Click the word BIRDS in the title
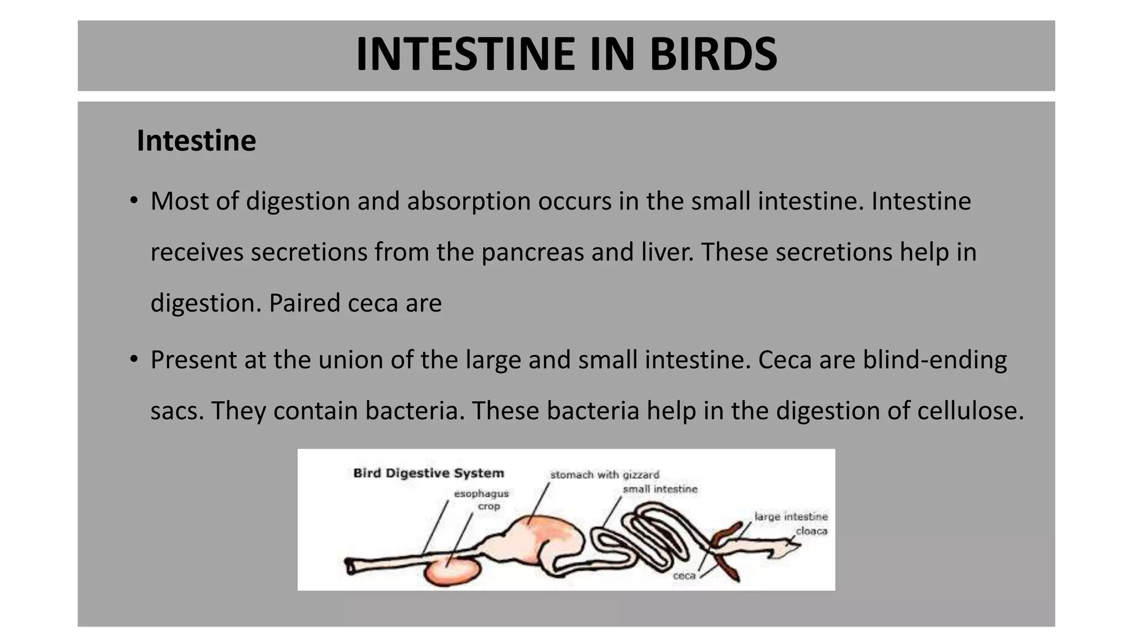point(713,54)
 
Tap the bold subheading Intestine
point(196,140)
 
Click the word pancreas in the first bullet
point(532,252)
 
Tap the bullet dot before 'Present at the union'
point(134,359)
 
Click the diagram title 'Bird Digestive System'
point(429,473)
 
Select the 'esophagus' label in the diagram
point(481,493)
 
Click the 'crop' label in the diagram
point(489,506)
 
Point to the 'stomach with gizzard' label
point(605,474)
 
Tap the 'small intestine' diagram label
point(660,489)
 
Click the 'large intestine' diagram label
point(791,516)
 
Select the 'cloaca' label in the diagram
point(812,531)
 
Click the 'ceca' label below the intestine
point(684,576)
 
